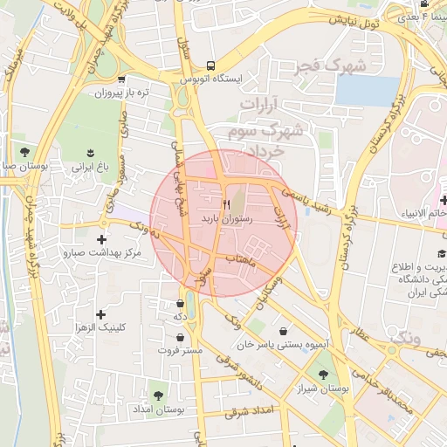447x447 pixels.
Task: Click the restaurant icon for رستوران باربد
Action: coord(227,203)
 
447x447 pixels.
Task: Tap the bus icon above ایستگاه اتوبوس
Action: coord(210,65)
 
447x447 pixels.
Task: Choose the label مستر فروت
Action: coord(180,350)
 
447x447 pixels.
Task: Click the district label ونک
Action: coord(406,336)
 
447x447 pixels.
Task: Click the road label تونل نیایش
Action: coord(359,23)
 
